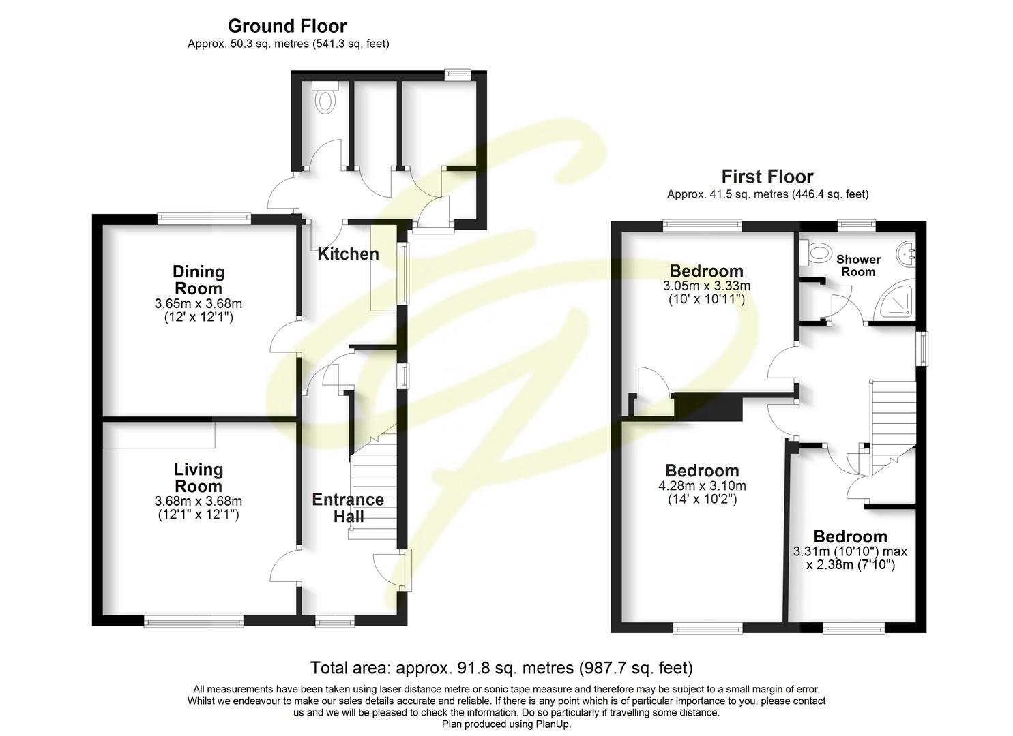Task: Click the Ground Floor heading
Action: coord(287,26)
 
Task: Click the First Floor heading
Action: coord(767,177)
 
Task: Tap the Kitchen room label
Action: coord(348,254)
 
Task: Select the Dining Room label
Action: coord(198,279)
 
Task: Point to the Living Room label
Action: coord(198,477)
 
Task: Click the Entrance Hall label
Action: coord(348,508)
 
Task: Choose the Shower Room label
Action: coord(858,265)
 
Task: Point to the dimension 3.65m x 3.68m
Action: coord(198,303)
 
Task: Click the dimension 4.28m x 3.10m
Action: coord(702,486)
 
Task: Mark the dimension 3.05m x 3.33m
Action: coord(706,286)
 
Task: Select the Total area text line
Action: coord(501,667)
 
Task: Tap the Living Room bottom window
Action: coord(193,621)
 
